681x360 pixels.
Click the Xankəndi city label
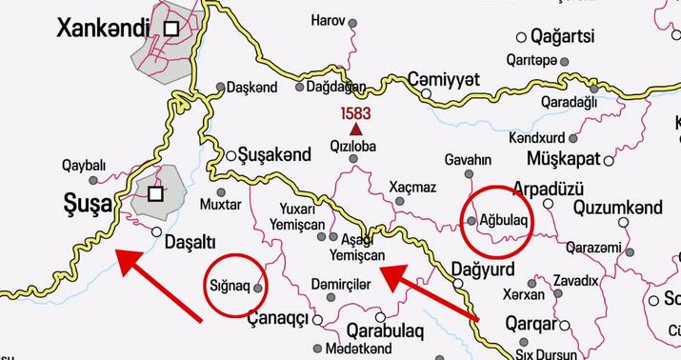pyautogui.click(x=103, y=29)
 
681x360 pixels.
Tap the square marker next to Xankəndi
pyautogui.click(x=171, y=29)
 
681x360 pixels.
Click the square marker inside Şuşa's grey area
pyautogui.click(x=154, y=193)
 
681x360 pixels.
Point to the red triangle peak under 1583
pyautogui.click(x=355, y=129)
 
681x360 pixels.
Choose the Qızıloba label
pyautogui.click(x=352, y=148)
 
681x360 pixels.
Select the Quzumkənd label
pyautogui.click(x=618, y=207)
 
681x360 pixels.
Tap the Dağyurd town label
pyautogui.click(x=489, y=268)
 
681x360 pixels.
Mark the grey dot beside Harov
pyautogui.click(x=354, y=21)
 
